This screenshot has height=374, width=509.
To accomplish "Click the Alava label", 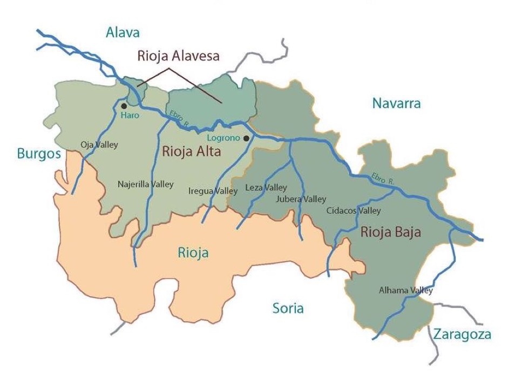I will point(123,32).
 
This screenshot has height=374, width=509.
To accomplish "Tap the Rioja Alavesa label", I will point(178,56).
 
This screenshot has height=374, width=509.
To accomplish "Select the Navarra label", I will point(396,103).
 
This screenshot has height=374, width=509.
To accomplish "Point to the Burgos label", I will point(39,153).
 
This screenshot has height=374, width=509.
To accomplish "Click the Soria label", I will point(288,309).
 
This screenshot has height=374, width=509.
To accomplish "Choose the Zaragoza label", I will point(462,335).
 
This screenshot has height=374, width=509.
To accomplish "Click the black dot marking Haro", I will point(124,106).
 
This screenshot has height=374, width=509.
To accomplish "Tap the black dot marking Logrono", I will point(246,138).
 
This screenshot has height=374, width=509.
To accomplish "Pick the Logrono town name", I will point(223,138).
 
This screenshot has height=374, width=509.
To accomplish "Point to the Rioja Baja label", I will point(390,232).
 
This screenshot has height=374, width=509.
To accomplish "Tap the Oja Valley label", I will point(99,145).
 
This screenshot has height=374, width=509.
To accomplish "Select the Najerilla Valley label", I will point(145,184).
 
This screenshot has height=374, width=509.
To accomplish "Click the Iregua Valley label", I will point(213,191).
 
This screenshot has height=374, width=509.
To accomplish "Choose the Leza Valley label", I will point(266,188).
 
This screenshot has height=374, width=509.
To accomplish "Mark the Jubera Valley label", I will point(301,199).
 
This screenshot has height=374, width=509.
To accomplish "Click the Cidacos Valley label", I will point(354,211).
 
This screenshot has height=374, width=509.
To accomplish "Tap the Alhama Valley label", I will point(405,290).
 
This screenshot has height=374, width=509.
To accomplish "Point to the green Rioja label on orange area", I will point(193,252).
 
